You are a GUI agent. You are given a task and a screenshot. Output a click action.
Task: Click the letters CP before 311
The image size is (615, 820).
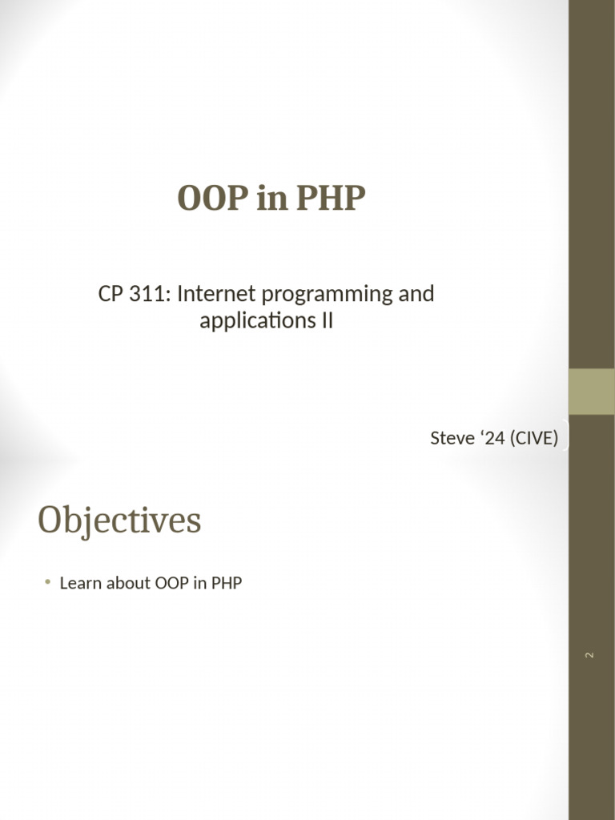(111, 294)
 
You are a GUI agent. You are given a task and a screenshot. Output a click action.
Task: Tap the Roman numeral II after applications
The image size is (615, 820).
(327, 320)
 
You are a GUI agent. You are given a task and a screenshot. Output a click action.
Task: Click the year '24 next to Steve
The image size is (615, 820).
(492, 438)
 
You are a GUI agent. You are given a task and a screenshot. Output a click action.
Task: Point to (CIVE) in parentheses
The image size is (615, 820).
(533, 438)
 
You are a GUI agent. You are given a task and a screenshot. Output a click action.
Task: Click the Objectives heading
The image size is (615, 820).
(119, 521)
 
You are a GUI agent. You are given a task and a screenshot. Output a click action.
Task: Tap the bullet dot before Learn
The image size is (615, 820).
(48, 581)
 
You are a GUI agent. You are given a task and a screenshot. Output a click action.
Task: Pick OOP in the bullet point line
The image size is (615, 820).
(171, 583)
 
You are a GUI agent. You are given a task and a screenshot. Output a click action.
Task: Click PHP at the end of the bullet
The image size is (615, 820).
(227, 583)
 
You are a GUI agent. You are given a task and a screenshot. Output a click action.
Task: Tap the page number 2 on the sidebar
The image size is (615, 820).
(590, 655)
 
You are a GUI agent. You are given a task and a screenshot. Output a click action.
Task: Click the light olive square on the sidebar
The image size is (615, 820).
(592, 392)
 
